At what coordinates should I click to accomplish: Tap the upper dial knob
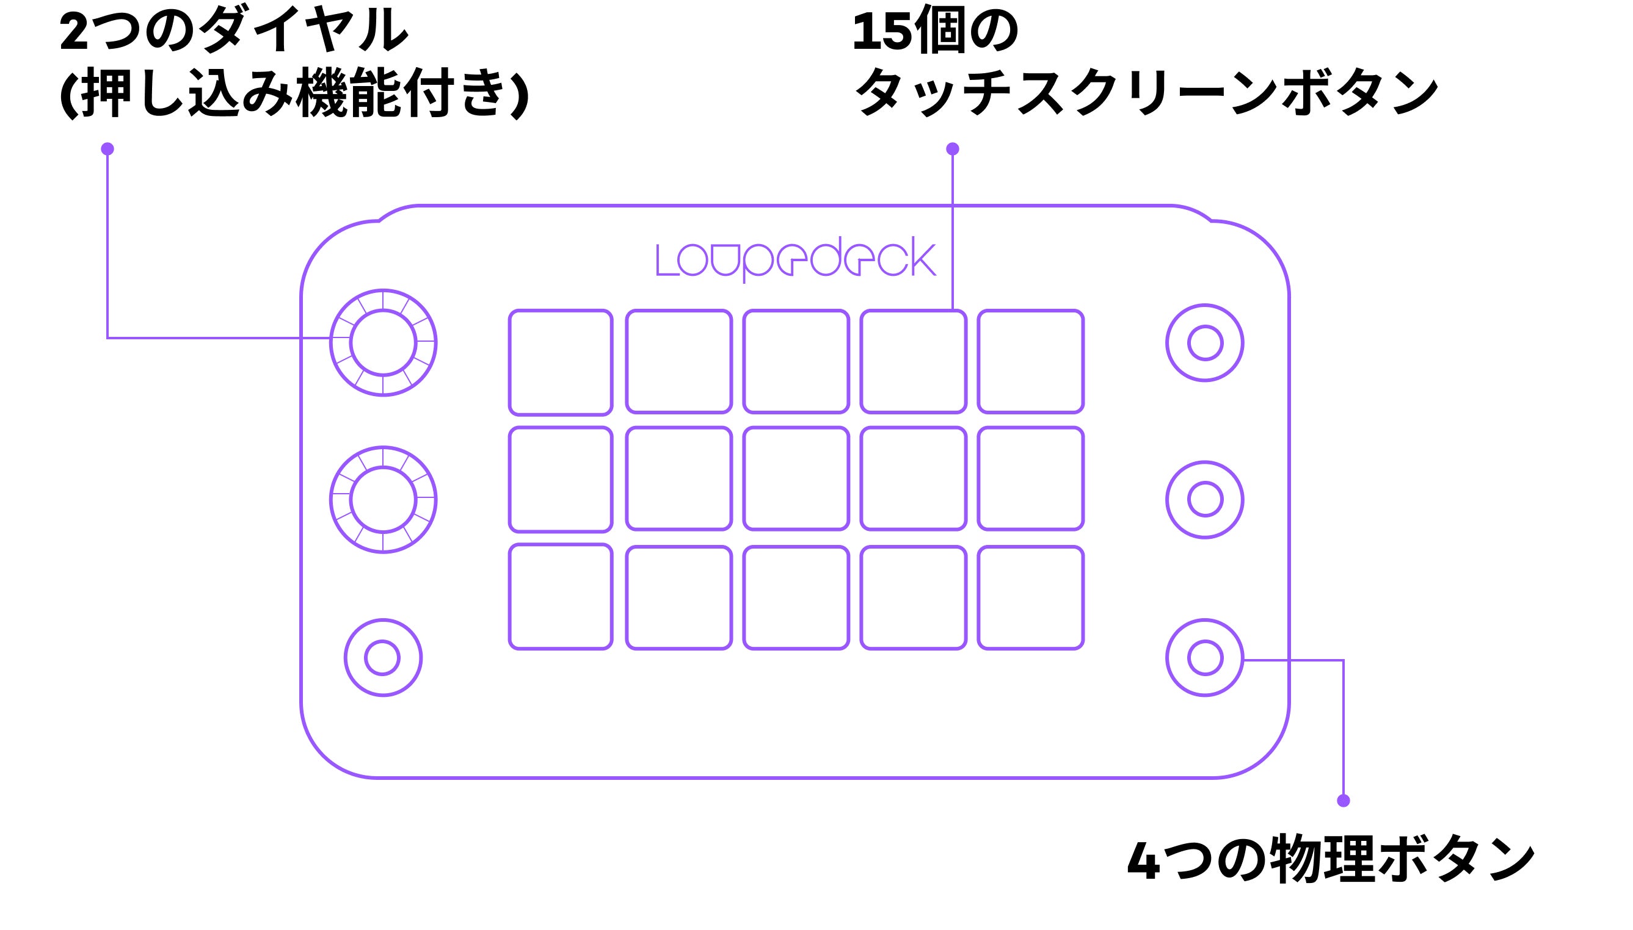point(383,343)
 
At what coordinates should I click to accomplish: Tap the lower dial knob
point(383,500)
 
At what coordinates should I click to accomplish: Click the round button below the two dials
point(383,657)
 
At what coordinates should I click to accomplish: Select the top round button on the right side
point(1204,343)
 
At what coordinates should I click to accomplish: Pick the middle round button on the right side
point(1204,500)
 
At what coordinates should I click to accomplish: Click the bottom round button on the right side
point(1204,657)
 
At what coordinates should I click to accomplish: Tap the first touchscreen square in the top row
point(561,362)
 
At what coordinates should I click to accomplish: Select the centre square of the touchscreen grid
point(796,478)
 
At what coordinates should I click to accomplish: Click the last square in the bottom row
point(1030,597)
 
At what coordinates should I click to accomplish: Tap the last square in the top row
point(1030,361)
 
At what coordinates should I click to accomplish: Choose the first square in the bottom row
point(561,597)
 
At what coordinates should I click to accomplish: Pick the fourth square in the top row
point(914,361)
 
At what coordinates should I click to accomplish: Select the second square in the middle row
point(678,478)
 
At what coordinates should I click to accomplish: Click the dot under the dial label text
point(107,149)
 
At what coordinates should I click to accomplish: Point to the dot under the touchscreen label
point(952,149)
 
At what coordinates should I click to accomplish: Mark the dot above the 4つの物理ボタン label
point(1344,801)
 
